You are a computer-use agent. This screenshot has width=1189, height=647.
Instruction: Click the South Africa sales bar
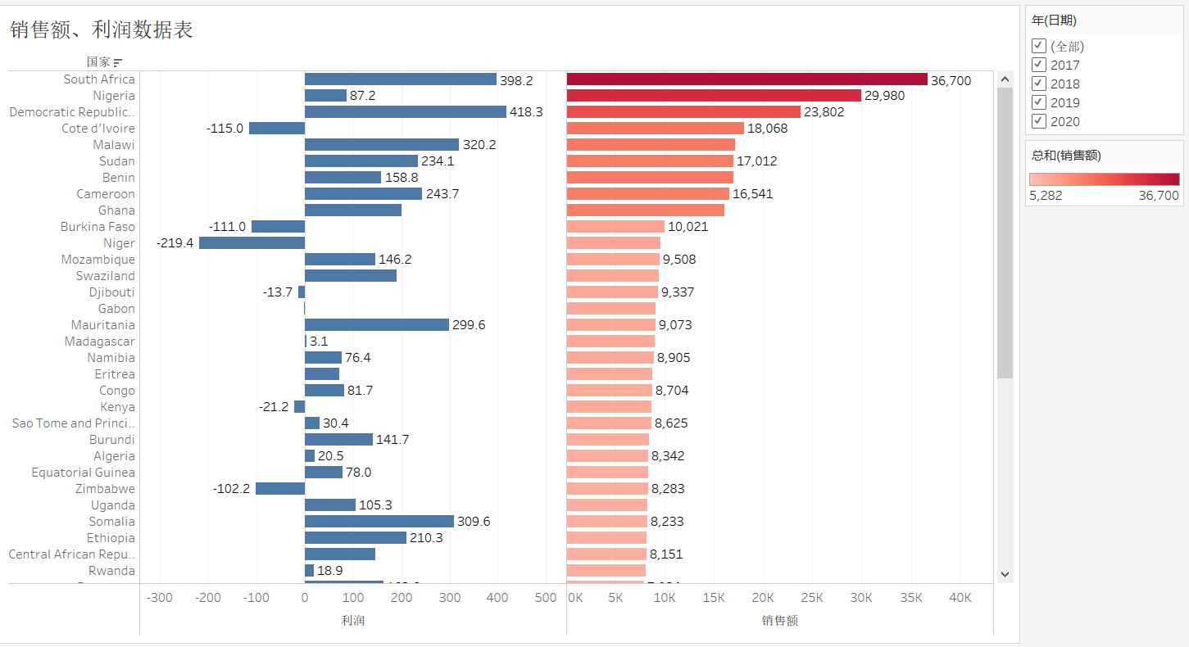tap(747, 79)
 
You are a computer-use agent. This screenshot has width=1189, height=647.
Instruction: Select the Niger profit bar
tap(252, 243)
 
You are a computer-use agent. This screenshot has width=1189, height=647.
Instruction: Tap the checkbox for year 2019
tap(1039, 102)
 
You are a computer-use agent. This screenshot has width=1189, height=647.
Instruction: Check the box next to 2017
tap(1039, 65)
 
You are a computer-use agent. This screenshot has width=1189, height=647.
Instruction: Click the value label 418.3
tap(526, 112)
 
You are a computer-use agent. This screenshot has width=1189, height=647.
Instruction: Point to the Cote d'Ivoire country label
tap(98, 129)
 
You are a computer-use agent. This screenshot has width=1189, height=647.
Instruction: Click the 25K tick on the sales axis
tap(812, 598)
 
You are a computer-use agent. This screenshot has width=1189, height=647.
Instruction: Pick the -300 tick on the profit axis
tap(159, 598)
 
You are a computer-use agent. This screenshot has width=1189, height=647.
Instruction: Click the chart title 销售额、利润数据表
tap(102, 30)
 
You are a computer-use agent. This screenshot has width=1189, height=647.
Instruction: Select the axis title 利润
tap(353, 620)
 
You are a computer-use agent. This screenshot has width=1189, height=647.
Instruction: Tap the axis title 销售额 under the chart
tap(779, 620)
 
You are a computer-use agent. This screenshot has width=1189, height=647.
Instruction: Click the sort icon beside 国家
tap(118, 62)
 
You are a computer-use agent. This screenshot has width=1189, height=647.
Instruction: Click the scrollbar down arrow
tap(1005, 574)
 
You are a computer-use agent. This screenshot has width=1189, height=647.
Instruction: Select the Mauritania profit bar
tap(377, 325)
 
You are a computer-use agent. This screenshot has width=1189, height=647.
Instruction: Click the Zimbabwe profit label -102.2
tap(231, 489)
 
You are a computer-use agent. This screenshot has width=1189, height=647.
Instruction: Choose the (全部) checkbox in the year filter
tap(1039, 46)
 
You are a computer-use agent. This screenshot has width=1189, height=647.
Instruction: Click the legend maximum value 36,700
tap(1159, 196)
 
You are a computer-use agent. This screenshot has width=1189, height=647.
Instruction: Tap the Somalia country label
tap(111, 522)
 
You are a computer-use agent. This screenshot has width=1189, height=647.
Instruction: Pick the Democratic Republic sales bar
tap(683, 112)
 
